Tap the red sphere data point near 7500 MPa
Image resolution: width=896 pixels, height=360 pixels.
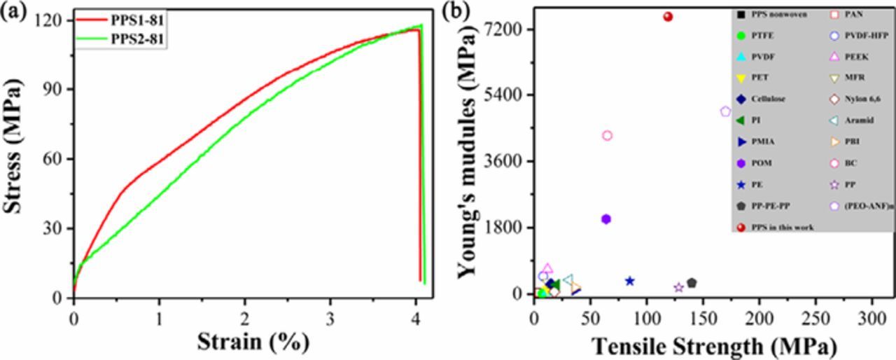tap(668, 17)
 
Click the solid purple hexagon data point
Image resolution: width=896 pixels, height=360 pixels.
tap(606, 219)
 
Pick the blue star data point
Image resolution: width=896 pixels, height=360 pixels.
tap(629, 281)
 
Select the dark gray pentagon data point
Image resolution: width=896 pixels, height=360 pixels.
tap(692, 283)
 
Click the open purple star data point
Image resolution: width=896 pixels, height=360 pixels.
tap(678, 288)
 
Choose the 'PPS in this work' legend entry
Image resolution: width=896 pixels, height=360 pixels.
tap(782, 227)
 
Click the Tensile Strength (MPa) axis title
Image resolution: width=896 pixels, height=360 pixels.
tap(714, 345)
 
